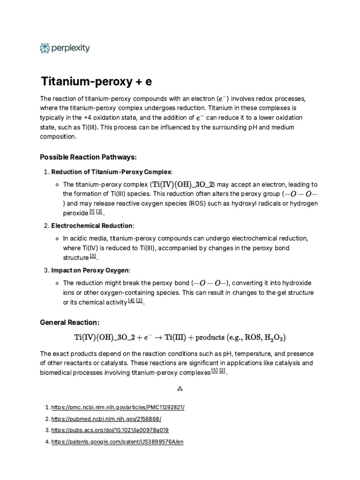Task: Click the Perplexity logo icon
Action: tap(45, 48)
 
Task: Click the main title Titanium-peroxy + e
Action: tap(97, 82)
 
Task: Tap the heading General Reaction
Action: tap(70, 322)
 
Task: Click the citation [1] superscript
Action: tap(92, 211)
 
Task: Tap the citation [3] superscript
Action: tap(93, 256)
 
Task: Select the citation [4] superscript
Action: tap(131, 301)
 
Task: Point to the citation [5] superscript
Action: tap(215, 371)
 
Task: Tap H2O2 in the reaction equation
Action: tap(273, 337)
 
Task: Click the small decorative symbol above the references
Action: tap(180, 389)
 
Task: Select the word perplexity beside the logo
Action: tap(71, 48)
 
